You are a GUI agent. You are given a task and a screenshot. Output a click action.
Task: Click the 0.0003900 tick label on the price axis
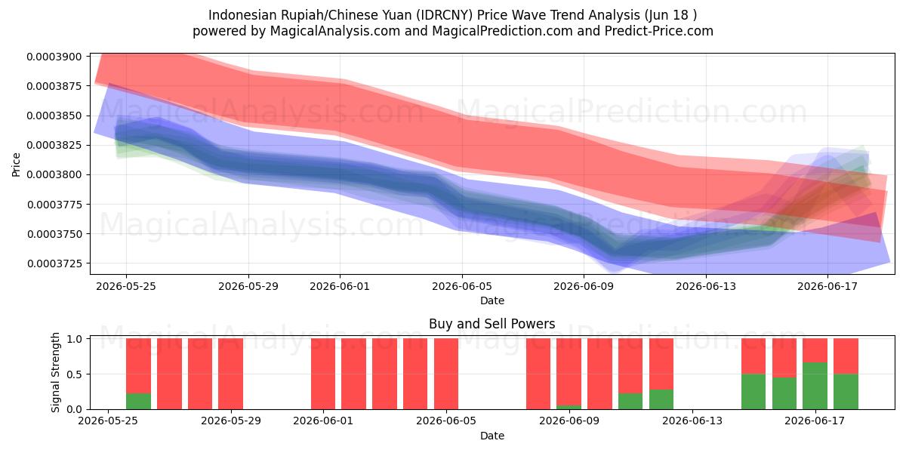(x=54, y=57)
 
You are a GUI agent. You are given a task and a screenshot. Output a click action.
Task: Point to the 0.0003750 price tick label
(x=54, y=234)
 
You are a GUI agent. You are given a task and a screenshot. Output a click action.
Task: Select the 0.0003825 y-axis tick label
(x=54, y=145)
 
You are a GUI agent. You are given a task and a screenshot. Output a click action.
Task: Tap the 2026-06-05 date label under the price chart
(x=462, y=286)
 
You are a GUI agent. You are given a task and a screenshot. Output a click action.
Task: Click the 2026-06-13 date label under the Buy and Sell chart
(x=692, y=421)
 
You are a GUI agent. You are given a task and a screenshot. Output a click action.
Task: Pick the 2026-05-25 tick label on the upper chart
(x=126, y=286)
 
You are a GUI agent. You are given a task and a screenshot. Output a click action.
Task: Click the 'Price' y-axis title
(x=16, y=165)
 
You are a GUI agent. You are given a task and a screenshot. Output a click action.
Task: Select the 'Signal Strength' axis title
(x=55, y=372)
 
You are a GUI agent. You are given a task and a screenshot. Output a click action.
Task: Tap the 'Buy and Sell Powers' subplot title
(x=492, y=324)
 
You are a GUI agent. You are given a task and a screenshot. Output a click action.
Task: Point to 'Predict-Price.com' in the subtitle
(x=659, y=31)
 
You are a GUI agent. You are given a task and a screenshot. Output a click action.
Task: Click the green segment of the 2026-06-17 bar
(x=815, y=386)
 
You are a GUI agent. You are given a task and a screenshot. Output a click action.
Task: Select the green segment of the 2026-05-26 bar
(x=138, y=401)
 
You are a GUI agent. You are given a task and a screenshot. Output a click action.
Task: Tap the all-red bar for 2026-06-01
(x=323, y=374)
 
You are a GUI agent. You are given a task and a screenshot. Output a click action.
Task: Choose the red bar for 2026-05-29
(x=230, y=374)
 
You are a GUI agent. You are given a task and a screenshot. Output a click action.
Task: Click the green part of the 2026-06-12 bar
(x=661, y=399)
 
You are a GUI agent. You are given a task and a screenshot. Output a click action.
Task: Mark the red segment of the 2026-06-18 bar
(x=846, y=356)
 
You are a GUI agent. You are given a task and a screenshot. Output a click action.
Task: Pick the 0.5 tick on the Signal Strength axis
(x=75, y=374)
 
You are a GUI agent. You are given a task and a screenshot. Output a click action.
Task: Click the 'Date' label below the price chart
(x=492, y=301)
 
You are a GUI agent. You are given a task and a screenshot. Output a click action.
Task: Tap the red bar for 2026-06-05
(x=446, y=374)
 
